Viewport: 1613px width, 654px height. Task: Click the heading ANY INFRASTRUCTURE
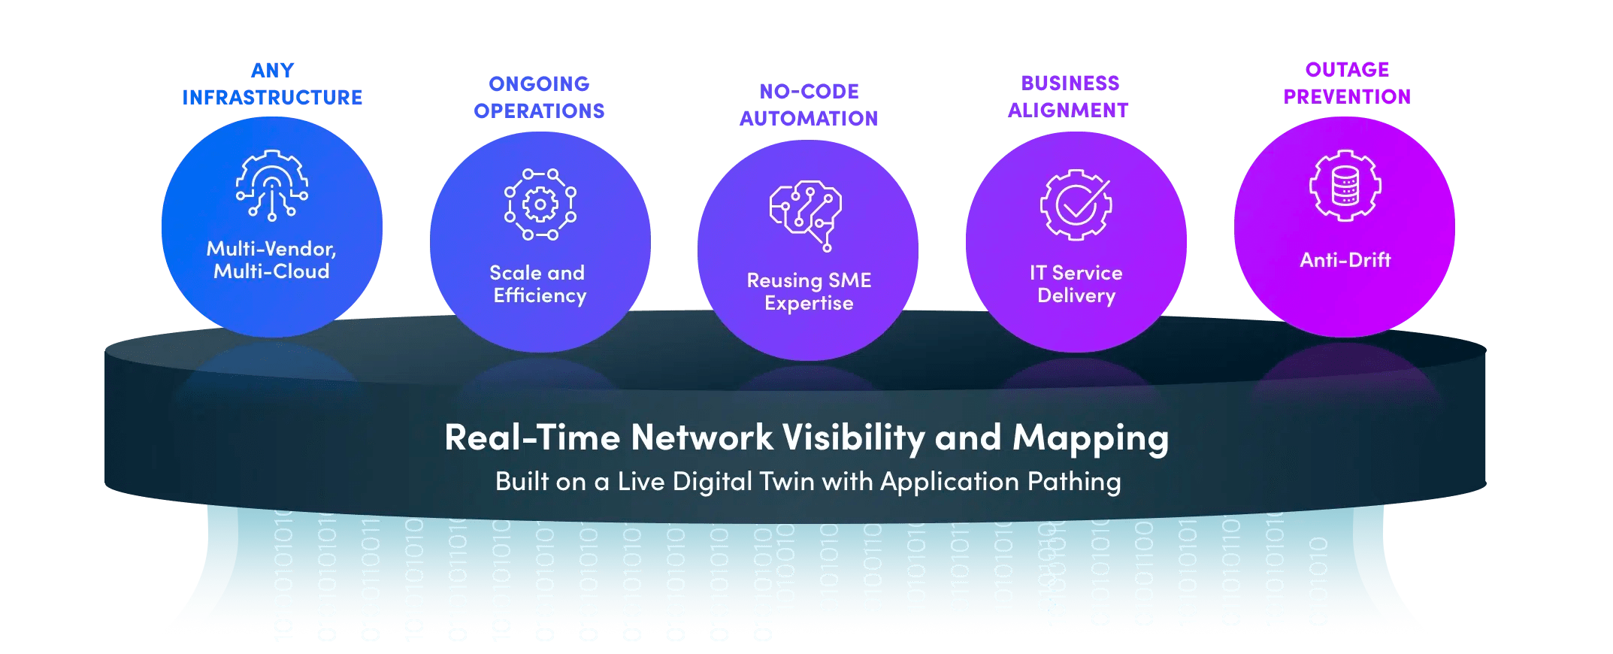point(272,84)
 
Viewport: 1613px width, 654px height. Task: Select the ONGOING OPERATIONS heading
point(539,98)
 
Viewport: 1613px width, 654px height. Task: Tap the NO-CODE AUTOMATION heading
point(809,105)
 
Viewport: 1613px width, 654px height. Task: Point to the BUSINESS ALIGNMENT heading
point(1069,97)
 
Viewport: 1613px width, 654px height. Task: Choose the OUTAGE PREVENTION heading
point(1347,83)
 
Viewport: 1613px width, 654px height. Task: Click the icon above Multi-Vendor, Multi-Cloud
point(271,185)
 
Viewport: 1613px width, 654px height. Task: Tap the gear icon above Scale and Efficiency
point(540,204)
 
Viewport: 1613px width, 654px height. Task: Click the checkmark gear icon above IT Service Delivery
point(1076,204)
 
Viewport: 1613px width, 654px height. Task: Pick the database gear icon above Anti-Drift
point(1345,186)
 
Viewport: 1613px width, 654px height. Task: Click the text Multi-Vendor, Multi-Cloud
point(271,260)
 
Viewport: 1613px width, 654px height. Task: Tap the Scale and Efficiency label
point(539,284)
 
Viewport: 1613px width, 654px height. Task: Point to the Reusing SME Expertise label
point(809,292)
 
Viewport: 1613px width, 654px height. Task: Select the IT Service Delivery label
point(1076,284)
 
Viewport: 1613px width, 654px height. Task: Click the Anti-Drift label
point(1345,260)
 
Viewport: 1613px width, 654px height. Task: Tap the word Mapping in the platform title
point(1090,438)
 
